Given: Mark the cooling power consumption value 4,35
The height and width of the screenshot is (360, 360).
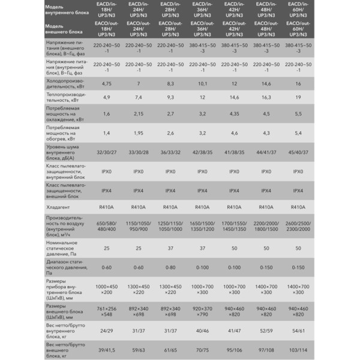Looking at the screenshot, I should [235, 113].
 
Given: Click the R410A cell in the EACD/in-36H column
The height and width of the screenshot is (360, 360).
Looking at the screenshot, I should [202, 207].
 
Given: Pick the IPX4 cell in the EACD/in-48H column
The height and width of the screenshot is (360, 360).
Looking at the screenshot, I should [266, 191].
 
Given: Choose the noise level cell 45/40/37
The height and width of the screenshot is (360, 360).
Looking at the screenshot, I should [297, 152].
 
